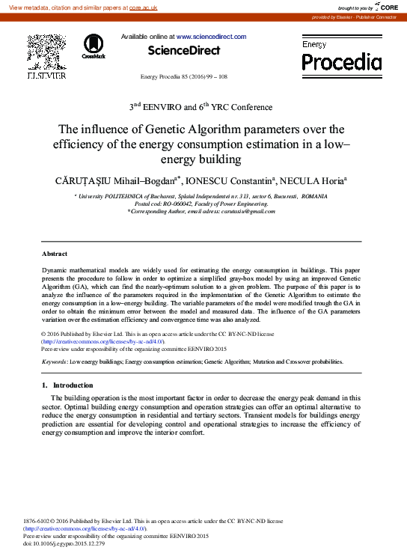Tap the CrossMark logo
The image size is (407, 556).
click(94, 46)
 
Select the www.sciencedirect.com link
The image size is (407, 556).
click(212, 37)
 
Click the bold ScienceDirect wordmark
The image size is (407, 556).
click(184, 50)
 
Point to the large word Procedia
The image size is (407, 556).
click(341, 61)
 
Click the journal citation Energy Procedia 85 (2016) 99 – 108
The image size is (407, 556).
click(184, 78)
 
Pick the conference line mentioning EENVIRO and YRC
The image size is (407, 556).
click(203, 108)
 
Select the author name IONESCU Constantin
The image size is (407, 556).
click(238, 180)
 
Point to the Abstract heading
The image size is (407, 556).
click(55, 254)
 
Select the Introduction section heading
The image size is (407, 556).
click(73, 385)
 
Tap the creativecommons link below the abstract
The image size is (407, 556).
click(98, 341)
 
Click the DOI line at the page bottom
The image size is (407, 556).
click(64, 543)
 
